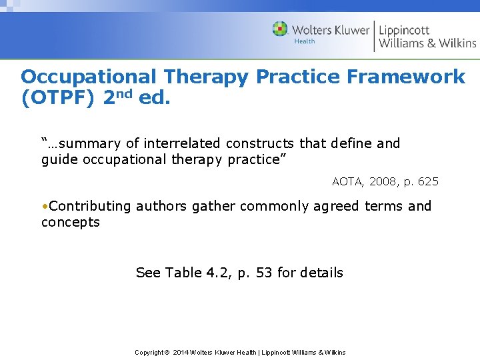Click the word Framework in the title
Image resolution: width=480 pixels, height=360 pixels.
click(405, 77)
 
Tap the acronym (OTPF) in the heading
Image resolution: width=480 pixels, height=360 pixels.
click(59, 99)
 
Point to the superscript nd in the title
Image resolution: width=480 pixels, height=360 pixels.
click(125, 94)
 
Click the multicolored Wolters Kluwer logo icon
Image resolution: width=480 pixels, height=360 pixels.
click(280, 29)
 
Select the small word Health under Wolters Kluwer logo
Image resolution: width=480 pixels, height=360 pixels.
click(304, 42)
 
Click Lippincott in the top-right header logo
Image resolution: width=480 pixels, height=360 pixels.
click(404, 29)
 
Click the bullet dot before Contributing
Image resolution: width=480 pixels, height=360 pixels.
click(44, 206)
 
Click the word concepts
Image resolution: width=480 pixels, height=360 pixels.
click(70, 222)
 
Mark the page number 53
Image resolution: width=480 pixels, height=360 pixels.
click(264, 272)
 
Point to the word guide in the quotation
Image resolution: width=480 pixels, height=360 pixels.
click(58, 159)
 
